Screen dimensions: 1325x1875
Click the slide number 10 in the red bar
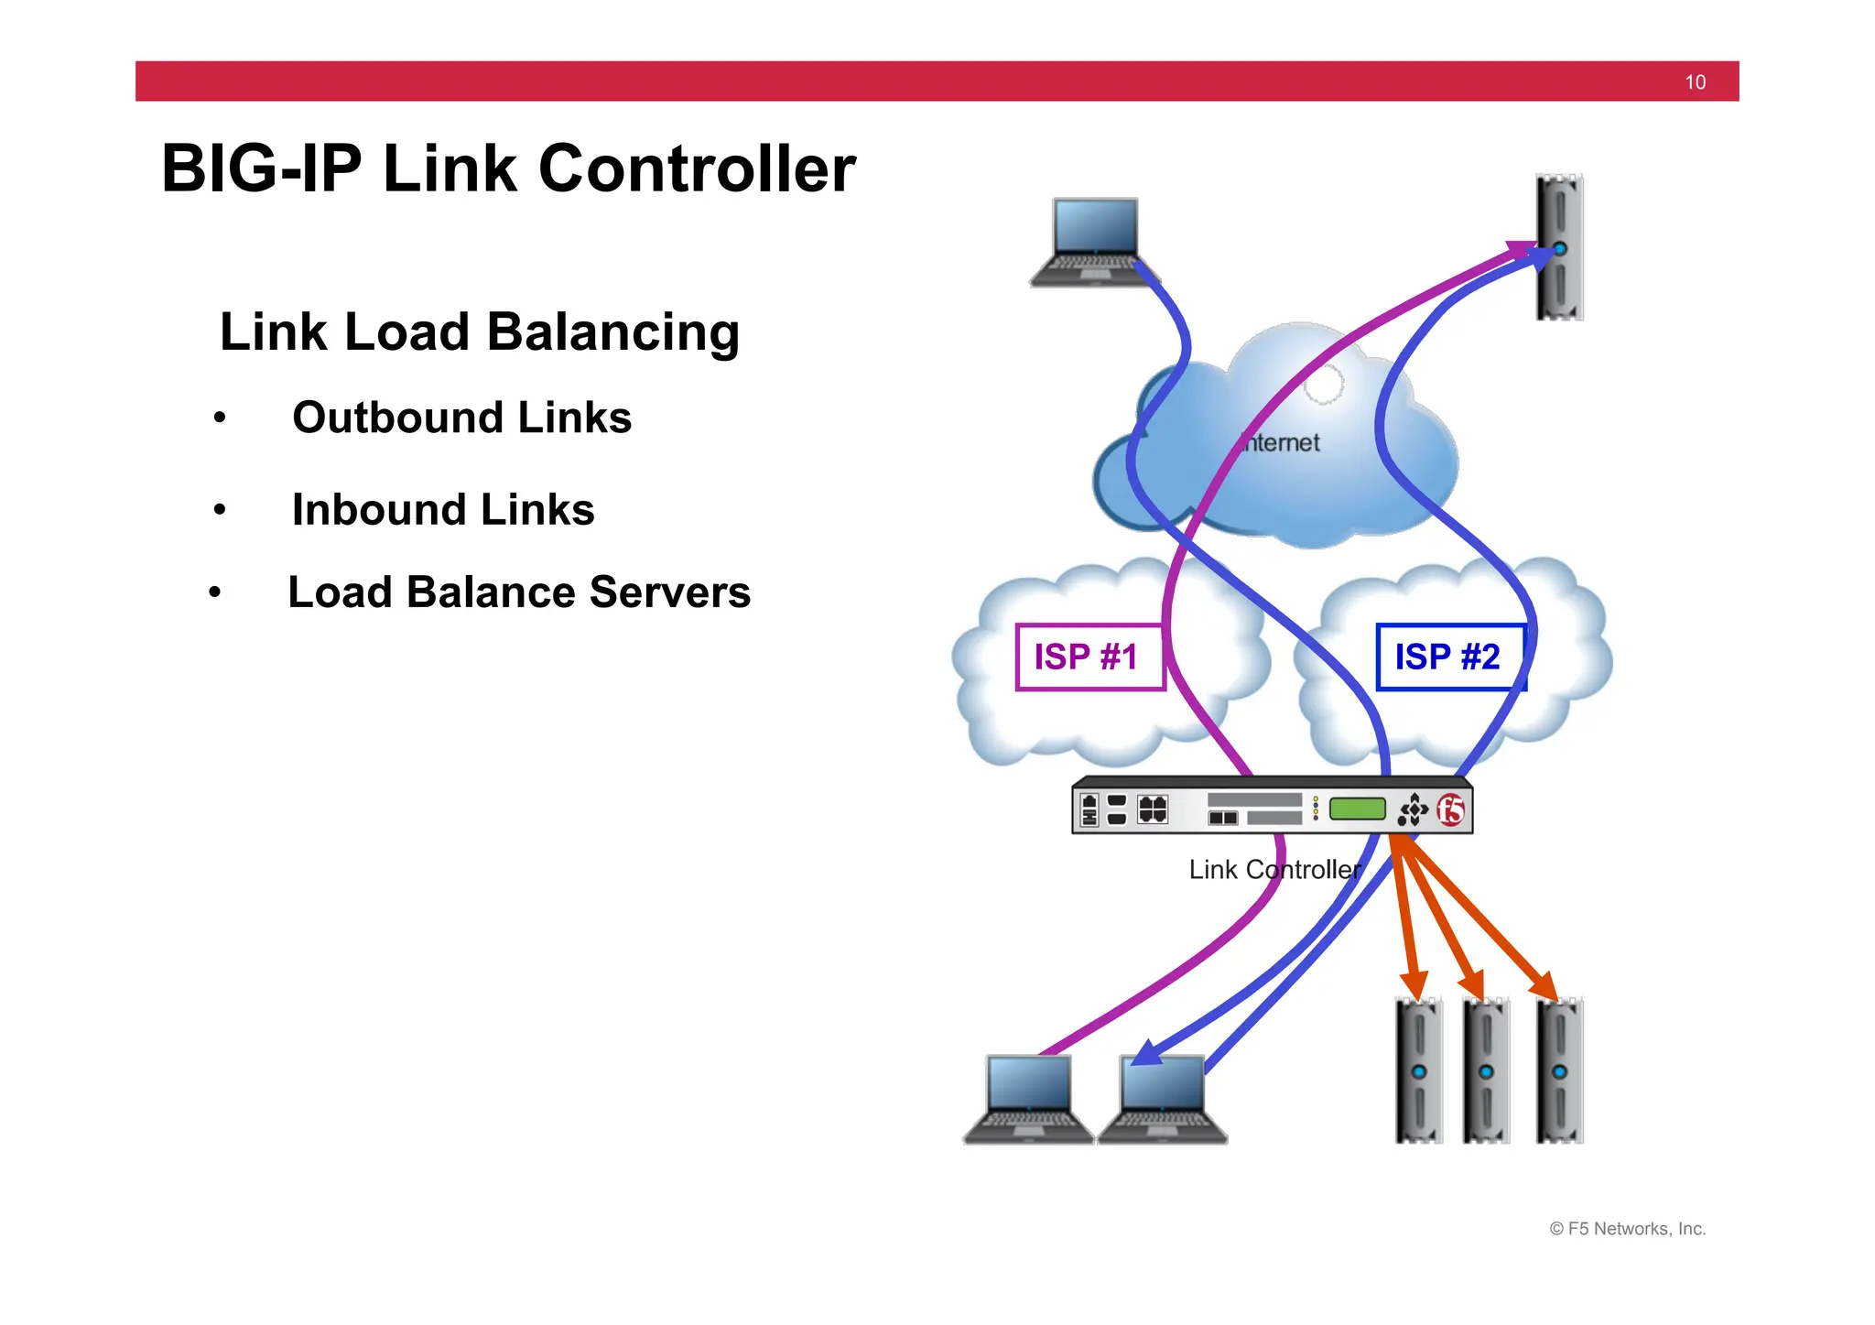tap(1695, 82)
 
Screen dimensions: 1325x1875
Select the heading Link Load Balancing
tap(479, 331)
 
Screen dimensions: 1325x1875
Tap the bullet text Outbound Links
tap(461, 418)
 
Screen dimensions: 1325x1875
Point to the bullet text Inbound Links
tap(443, 510)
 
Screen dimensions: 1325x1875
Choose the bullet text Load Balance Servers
tap(519, 592)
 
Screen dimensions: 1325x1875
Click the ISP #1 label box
tap(1089, 657)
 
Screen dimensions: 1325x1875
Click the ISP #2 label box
tap(1449, 657)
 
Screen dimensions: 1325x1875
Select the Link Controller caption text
tap(1274, 869)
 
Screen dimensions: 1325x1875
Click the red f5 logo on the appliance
tap(1450, 809)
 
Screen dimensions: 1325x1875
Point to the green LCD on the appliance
tap(1357, 809)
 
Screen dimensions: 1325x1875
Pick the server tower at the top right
tap(1559, 247)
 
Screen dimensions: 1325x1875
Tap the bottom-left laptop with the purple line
tap(1028, 1099)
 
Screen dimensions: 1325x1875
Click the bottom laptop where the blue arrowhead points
tap(1162, 1099)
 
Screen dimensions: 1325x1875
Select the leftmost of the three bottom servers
tap(1418, 1071)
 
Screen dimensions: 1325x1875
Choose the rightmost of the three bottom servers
tap(1559, 1071)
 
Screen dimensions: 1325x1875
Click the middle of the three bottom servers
tap(1486, 1071)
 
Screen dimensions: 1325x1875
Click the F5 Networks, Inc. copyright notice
tap(1627, 1229)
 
